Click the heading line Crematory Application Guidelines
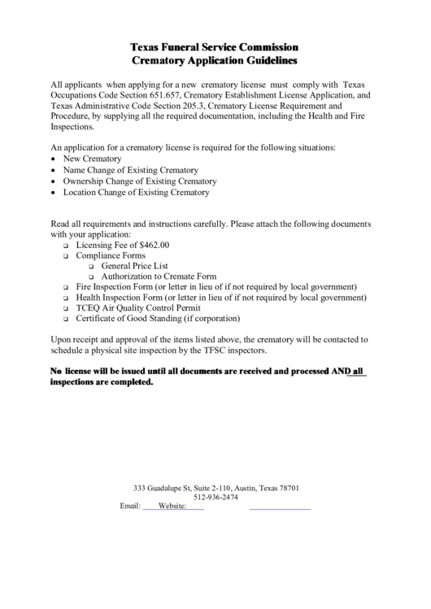pyautogui.click(x=215, y=60)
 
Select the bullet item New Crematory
pyautogui.click(x=92, y=159)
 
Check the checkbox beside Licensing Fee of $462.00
pyautogui.click(x=67, y=245)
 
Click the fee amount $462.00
pyautogui.click(x=150, y=244)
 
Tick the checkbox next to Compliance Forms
pyautogui.click(x=67, y=255)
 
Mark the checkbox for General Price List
pyautogui.click(x=91, y=266)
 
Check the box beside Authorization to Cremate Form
pyautogui.click(x=91, y=276)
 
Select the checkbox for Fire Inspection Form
pyautogui.click(x=67, y=288)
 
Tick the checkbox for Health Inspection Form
pyautogui.click(x=67, y=298)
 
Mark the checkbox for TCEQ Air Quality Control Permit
pyautogui.click(x=67, y=309)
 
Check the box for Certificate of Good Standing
pyautogui.click(x=67, y=320)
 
